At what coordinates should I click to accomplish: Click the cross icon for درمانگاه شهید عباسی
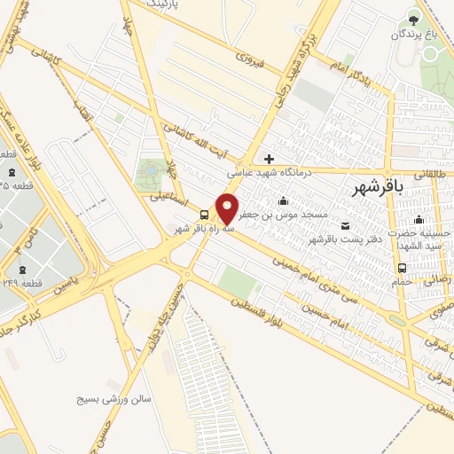pyautogui.click(x=270, y=159)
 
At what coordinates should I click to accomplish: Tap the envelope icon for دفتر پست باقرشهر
pyautogui.click(x=345, y=226)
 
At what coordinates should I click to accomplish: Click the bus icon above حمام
pyautogui.click(x=403, y=267)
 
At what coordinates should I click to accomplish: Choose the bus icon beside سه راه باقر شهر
pyautogui.click(x=205, y=215)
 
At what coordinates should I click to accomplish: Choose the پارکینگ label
pyautogui.click(x=144, y=5)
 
